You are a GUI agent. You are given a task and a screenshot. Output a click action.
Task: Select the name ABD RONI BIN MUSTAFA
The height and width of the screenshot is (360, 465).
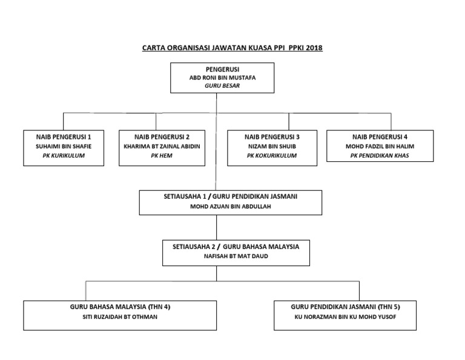tap(222, 78)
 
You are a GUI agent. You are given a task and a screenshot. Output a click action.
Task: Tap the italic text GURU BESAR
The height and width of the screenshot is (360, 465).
tap(222, 86)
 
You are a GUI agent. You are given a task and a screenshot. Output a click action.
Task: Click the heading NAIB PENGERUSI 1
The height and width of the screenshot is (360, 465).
tap(64, 137)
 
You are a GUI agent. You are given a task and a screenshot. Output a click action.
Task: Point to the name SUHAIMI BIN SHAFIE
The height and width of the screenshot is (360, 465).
tap(64, 146)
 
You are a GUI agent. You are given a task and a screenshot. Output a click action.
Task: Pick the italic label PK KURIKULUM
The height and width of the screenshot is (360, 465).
tap(64, 156)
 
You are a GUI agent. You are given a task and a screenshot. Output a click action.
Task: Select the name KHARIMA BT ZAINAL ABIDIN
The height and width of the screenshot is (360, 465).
tap(162, 146)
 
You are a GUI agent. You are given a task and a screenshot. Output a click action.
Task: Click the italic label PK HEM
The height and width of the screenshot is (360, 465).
tap(162, 156)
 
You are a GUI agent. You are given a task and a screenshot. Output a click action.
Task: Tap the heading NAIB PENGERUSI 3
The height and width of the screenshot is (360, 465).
tap(272, 137)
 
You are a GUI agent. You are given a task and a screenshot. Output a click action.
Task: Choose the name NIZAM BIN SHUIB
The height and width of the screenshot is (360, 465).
tap(272, 146)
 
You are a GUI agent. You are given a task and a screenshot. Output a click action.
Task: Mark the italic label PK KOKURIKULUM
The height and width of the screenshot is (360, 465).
tap(272, 156)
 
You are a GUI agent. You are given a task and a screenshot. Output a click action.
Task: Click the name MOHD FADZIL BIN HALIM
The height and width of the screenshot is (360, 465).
tap(380, 146)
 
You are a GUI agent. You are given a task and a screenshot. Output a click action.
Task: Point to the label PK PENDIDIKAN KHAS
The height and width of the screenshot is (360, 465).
tap(380, 156)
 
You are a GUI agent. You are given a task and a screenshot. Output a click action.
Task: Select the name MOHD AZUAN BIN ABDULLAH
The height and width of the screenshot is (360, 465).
tap(231, 207)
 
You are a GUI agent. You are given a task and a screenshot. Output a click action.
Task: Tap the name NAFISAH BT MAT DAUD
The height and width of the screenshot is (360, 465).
tap(236, 256)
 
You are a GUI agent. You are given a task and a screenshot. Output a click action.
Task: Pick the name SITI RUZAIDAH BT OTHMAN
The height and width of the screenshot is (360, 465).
tap(120, 317)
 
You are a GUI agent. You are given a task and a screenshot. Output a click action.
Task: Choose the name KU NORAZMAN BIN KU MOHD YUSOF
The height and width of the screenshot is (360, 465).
tap(345, 317)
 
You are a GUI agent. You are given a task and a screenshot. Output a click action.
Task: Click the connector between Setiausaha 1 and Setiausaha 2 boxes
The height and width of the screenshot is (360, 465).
tap(217, 228)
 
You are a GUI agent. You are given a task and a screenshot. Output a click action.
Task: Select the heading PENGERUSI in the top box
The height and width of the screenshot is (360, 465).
tap(222, 70)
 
